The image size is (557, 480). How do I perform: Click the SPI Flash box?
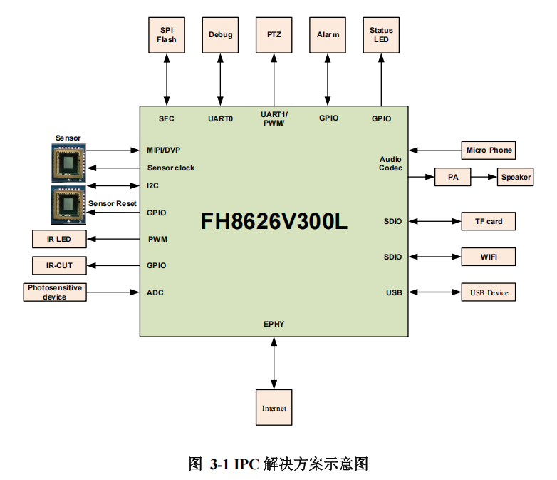[167, 35]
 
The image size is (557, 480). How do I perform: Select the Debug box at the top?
[220, 35]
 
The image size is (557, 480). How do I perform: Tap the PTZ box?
[274, 35]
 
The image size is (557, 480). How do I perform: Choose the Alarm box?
[328, 35]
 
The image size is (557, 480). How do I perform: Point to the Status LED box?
[381, 35]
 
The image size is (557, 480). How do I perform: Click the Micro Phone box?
[489, 150]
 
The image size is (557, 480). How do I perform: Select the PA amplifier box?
[453, 177]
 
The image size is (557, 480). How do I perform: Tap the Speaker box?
[516, 177]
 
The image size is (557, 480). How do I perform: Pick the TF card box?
[489, 221]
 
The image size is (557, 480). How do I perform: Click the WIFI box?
[489, 257]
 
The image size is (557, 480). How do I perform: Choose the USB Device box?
[489, 292]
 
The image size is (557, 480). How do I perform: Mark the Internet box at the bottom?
[274, 409]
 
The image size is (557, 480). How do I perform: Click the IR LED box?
[59, 239]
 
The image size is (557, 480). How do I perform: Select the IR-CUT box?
[59, 265]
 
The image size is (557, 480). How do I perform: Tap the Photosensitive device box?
[55, 292]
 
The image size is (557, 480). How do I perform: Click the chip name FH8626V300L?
[274, 222]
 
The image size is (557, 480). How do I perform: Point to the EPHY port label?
[274, 324]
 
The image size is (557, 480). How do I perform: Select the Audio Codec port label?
[390, 163]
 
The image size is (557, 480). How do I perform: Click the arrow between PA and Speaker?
[484, 177]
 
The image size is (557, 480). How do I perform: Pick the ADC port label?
[155, 292]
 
